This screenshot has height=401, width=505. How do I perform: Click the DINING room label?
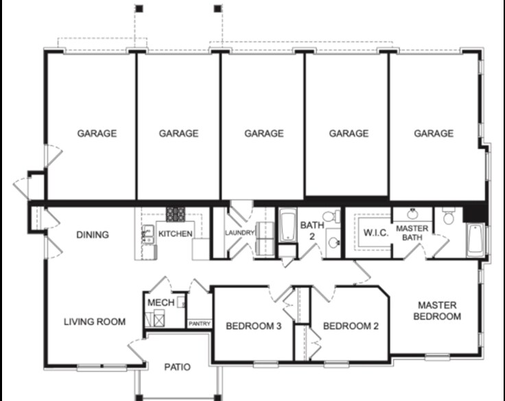click(92, 235)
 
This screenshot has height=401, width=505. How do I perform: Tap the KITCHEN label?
click(175, 234)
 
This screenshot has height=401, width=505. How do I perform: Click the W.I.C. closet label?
click(376, 233)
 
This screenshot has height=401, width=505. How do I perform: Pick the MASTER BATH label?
click(412, 233)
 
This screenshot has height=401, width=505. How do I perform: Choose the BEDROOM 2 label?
click(351, 326)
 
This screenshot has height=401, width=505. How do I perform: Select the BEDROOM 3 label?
click(254, 326)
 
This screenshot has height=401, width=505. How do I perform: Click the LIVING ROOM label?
click(95, 321)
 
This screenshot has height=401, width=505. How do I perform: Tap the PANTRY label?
click(199, 323)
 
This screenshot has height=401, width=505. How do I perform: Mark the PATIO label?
click(177, 367)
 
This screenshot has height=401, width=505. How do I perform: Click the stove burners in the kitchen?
click(175, 214)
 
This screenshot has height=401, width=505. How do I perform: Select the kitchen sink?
click(148, 234)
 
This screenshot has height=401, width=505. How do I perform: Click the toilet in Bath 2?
click(329, 217)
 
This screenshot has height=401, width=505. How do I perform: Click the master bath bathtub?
click(475, 240)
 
